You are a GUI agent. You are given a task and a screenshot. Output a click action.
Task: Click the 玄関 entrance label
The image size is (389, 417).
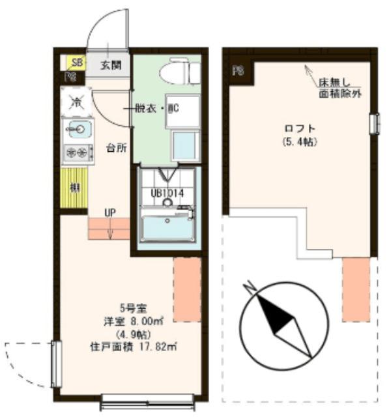[x=111, y=65]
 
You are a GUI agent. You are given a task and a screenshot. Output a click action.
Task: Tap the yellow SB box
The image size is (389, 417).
[x=77, y=63]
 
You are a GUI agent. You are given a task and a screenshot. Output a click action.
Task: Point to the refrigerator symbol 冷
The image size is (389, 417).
[x=76, y=102]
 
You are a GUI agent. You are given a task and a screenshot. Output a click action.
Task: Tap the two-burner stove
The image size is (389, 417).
[x=76, y=153]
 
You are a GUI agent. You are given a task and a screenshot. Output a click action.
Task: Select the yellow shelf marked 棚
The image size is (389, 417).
[x=74, y=189]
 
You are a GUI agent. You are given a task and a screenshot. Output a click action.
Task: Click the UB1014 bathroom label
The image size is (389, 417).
[x=167, y=192]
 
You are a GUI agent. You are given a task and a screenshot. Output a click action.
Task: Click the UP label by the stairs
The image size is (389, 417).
[x=111, y=212]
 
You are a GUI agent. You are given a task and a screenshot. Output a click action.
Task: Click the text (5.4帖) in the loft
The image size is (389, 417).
[x=300, y=141]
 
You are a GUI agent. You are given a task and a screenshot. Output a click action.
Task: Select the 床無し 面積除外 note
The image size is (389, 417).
[x=339, y=89]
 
